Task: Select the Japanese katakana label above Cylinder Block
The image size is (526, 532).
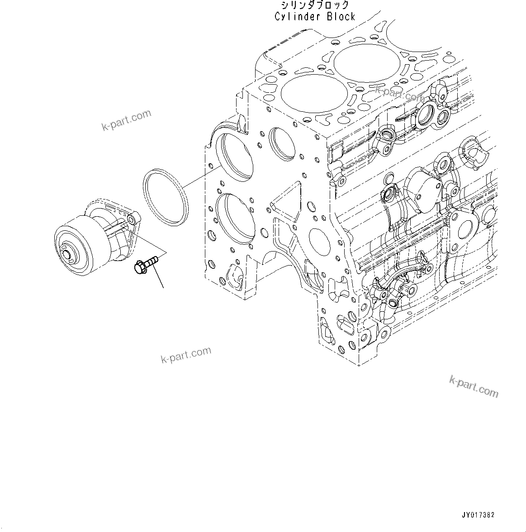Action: (315, 5)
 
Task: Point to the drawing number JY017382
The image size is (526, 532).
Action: (478, 515)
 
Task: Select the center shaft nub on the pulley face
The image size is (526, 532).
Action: (69, 256)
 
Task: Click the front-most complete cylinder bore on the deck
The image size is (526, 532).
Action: (304, 94)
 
